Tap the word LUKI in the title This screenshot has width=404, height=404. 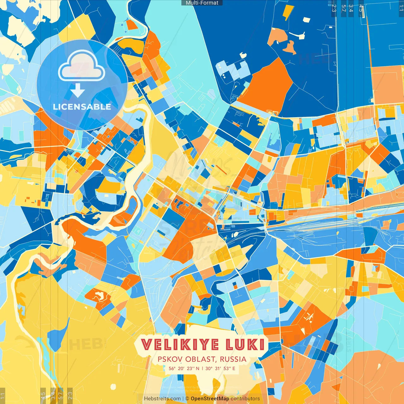245,345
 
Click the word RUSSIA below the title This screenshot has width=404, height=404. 233,359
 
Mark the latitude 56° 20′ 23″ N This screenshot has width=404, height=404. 184,368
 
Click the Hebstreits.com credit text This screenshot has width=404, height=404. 162,399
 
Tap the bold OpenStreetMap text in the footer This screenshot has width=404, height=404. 210,399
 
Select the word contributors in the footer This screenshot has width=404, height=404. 245,399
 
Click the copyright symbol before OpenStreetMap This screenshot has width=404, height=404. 187,399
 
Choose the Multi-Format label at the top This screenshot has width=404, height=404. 202,3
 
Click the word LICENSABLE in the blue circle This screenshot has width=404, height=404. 82,107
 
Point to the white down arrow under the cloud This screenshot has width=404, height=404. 78,91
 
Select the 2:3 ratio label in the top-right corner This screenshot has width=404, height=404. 334,8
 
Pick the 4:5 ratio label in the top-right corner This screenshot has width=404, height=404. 361,8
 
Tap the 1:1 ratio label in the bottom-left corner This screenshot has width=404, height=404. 3,395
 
